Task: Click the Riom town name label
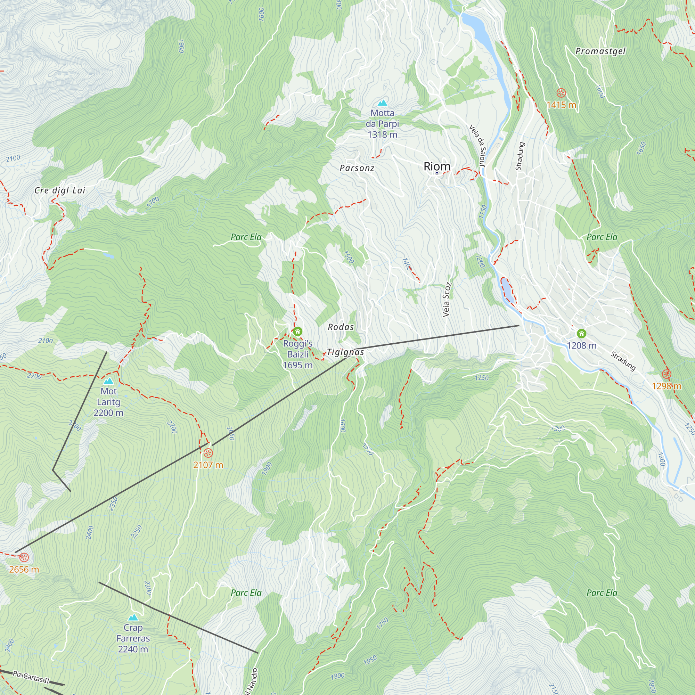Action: (437, 166)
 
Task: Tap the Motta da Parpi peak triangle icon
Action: (382, 103)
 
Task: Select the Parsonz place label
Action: (357, 168)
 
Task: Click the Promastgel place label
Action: (600, 51)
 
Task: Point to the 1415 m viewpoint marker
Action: (561, 93)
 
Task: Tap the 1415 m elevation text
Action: (561, 105)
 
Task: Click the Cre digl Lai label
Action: (60, 190)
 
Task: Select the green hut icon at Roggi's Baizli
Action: (297, 331)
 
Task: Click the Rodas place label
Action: (341, 327)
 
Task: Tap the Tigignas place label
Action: (345, 352)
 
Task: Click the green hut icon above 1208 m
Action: (581, 334)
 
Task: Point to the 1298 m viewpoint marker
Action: (667, 374)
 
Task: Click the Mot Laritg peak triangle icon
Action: (108, 381)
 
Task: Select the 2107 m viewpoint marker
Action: (208, 452)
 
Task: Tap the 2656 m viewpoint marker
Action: (24, 558)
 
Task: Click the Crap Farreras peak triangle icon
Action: (133, 618)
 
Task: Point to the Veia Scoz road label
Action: (447, 300)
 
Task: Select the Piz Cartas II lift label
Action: (31, 677)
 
